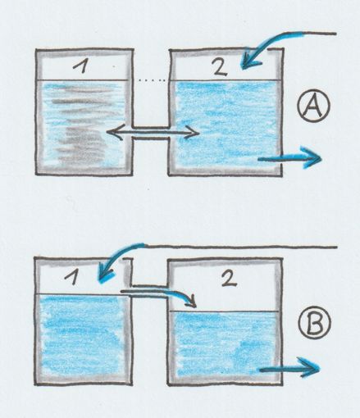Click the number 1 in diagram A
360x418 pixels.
(81, 66)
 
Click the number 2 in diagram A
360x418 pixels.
(220, 67)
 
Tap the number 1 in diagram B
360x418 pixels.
(72, 278)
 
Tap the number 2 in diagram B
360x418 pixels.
(229, 279)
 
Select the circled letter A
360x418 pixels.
(314, 106)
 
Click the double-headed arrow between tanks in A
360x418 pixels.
(153, 133)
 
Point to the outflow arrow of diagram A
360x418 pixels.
(289, 158)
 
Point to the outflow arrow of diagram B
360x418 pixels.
(289, 369)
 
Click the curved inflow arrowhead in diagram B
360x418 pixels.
(105, 275)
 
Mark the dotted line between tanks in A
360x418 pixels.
(152, 80)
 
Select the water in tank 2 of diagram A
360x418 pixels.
(226, 123)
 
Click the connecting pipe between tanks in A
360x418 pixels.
(151, 133)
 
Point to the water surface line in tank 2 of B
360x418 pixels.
(225, 311)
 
